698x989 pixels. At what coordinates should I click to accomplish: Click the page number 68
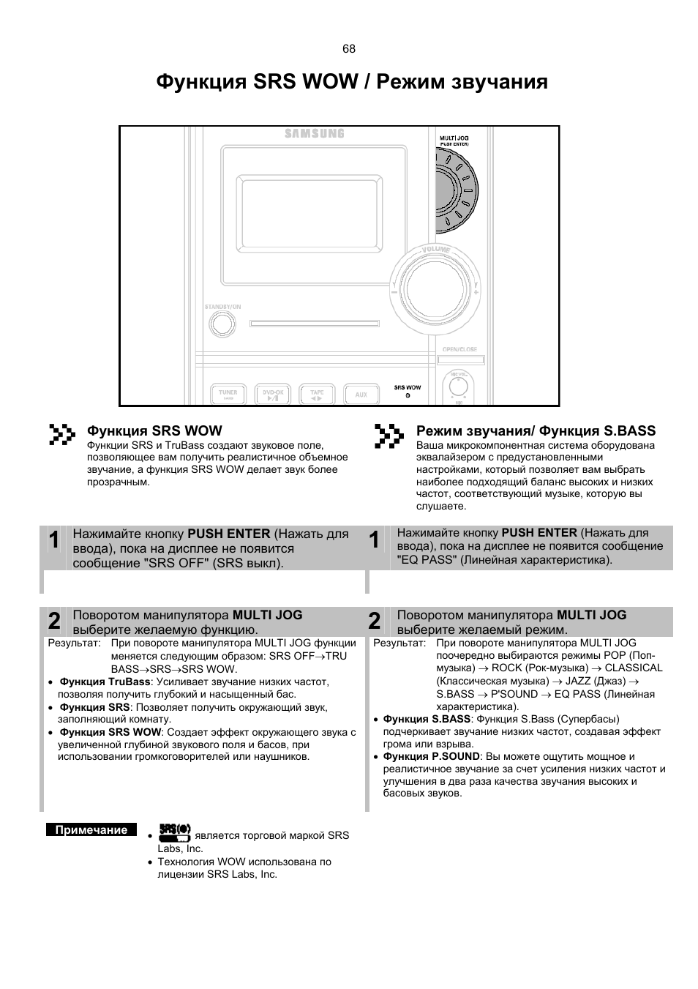point(348,49)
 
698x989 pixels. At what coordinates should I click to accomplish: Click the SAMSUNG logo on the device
point(314,134)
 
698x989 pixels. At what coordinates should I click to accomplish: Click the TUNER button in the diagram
point(228,394)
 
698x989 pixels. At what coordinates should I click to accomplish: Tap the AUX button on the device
point(361,394)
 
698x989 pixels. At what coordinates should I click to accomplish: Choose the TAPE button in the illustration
point(316,394)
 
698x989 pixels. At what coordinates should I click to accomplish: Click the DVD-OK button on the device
point(272,394)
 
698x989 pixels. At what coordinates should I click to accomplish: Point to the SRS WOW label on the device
point(408,387)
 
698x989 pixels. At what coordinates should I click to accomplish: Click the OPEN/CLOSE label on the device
point(459,350)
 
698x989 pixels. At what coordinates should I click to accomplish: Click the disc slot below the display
point(314,323)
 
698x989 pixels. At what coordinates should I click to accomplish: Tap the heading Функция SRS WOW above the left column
point(154,431)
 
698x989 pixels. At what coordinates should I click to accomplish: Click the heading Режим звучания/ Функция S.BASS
point(536,431)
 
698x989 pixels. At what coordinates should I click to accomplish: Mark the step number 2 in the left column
point(55,622)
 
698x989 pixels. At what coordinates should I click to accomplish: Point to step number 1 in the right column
point(375,541)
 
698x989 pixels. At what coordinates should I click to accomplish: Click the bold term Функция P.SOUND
point(432,756)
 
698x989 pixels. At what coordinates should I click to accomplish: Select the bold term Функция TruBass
point(105,682)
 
